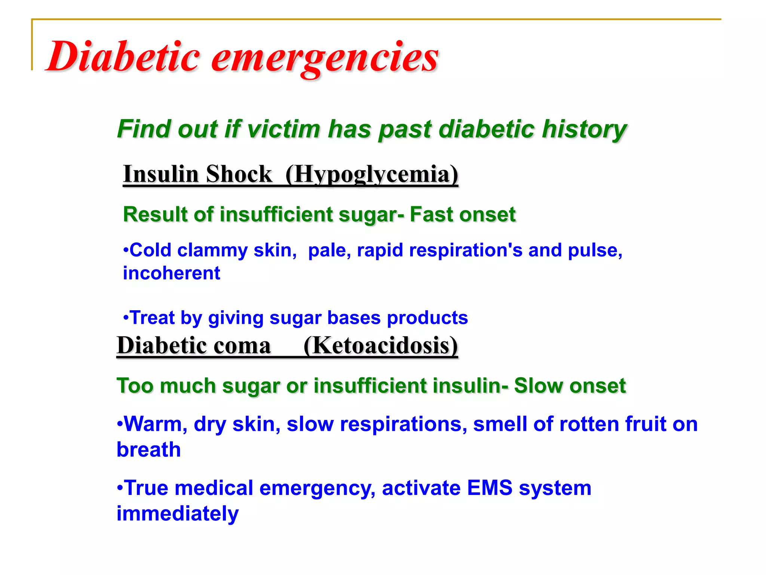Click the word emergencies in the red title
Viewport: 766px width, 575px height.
325,57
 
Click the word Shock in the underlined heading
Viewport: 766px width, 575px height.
239,174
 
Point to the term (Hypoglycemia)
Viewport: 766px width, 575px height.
372,175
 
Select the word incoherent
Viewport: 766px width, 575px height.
172,273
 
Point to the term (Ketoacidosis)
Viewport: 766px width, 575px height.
381,345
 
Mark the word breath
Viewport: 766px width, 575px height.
149,450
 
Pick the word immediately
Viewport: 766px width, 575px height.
178,514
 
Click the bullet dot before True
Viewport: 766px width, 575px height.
120,488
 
